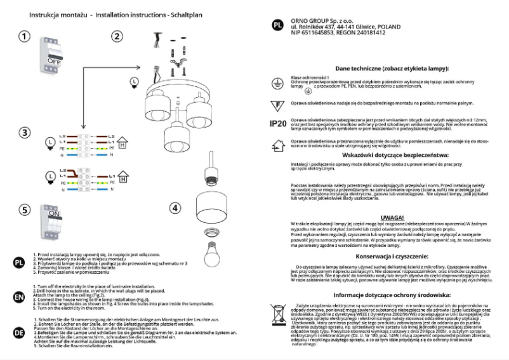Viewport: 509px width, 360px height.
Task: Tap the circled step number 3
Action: pos(23,133)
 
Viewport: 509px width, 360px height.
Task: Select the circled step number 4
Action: pos(176,208)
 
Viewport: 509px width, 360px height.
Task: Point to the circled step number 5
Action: pos(23,210)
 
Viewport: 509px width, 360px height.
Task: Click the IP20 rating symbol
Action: pos(277,123)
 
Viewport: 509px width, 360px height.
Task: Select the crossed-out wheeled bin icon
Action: pos(277,314)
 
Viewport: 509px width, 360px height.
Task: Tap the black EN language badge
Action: pos(19,297)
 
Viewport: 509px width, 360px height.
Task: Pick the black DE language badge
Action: pos(19,331)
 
